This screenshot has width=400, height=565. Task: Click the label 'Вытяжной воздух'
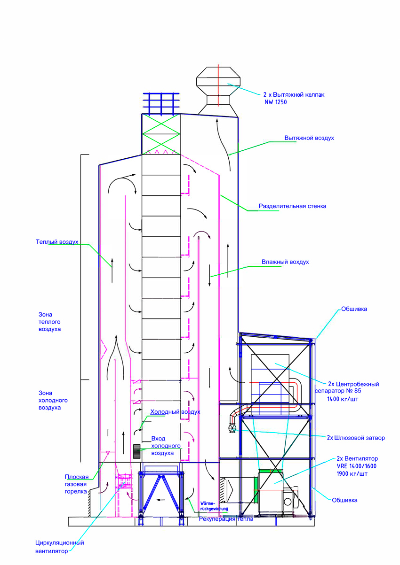pyautogui.click(x=309, y=138)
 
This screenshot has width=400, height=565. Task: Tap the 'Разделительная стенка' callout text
pyautogui.click(x=292, y=206)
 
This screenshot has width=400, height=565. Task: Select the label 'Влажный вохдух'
pyautogui.click(x=285, y=262)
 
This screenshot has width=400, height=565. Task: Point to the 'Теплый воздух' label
pyautogui.click(x=57, y=242)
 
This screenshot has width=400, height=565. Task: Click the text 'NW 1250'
pyautogui.click(x=276, y=101)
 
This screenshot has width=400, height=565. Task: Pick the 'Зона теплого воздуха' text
pyautogui.click(x=50, y=322)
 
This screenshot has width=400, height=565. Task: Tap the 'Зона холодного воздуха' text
pyautogui.click(x=53, y=400)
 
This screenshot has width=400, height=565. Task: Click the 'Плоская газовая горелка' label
pyautogui.click(x=76, y=484)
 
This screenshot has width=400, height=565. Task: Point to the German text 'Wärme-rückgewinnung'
pyautogui.click(x=214, y=505)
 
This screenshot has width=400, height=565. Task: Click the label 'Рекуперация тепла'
pyautogui.click(x=226, y=519)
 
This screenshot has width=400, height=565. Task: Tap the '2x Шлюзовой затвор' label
pyautogui.click(x=356, y=438)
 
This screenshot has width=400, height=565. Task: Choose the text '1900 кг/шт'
pyautogui.click(x=352, y=474)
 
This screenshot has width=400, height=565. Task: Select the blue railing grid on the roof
pyautogui.click(x=160, y=103)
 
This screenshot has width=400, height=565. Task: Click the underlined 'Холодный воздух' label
pyautogui.click(x=175, y=412)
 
